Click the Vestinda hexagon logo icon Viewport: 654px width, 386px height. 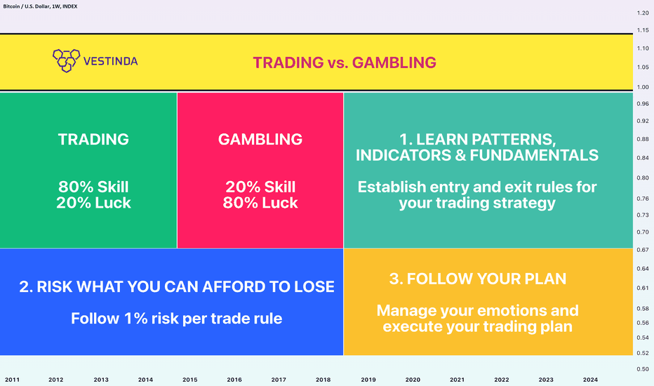click(67, 60)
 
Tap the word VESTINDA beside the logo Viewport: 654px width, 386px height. click(111, 61)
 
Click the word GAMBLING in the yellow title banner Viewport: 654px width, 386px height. click(394, 62)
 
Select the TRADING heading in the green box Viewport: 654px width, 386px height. click(93, 140)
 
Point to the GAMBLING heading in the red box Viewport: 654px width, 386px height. click(260, 140)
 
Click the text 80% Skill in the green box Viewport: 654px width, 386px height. click(93, 187)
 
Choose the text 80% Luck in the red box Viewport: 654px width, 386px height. click(260, 203)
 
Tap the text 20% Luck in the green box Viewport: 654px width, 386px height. click(93, 203)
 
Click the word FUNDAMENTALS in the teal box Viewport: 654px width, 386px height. click(534, 155)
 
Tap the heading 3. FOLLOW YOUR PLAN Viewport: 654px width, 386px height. click(478, 279)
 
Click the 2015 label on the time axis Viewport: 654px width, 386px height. click(189, 380)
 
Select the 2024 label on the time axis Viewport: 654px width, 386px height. click(590, 380)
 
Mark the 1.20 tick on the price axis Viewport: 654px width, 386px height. click(643, 13)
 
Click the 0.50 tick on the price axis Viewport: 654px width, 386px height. click(643, 369)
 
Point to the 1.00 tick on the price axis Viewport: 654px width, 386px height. click(643, 87)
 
